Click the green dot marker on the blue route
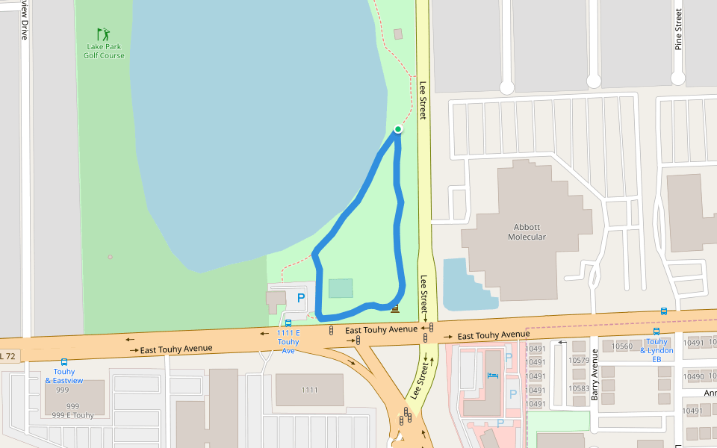[398, 129]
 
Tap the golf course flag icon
[103, 34]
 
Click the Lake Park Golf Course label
[103, 51]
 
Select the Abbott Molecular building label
[527, 231]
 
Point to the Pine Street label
[679, 28]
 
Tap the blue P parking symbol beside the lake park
[301, 299]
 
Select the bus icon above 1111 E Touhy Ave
[288, 323]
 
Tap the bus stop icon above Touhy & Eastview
[64, 362]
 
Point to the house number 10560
[622, 346]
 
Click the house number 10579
[579, 361]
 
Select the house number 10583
[579, 388]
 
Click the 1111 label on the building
[309, 390]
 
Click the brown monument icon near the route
[395, 308]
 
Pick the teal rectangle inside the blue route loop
[341, 288]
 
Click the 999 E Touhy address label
[73, 415]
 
